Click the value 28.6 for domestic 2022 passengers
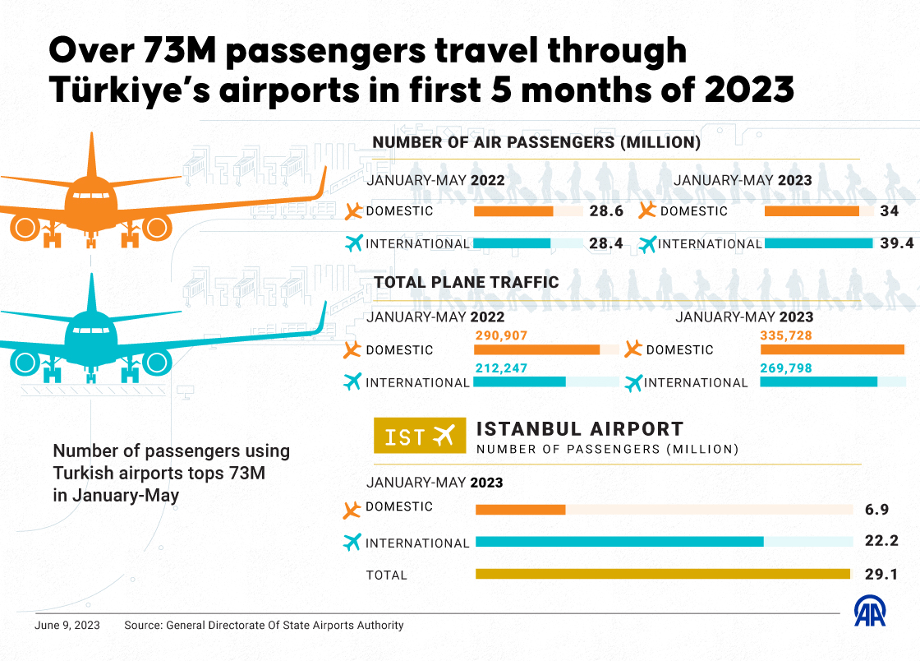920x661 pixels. tap(606, 211)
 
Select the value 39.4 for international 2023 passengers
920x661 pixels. tap(896, 243)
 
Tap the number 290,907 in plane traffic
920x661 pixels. tap(501, 335)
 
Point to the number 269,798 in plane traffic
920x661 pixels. tap(786, 368)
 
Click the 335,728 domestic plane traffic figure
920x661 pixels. tap(788, 335)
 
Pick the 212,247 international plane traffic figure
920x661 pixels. tap(501, 368)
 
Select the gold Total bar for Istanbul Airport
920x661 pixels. tap(663, 574)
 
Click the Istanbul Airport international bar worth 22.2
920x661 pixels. tap(619, 541)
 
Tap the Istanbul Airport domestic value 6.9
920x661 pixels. tap(876, 510)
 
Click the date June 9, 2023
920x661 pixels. tap(67, 626)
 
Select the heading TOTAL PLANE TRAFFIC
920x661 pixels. tap(467, 282)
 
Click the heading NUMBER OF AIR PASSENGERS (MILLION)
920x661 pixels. tap(536, 142)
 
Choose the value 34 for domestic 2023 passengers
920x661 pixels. tap(889, 211)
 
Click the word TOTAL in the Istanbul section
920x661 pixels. tap(386, 575)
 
